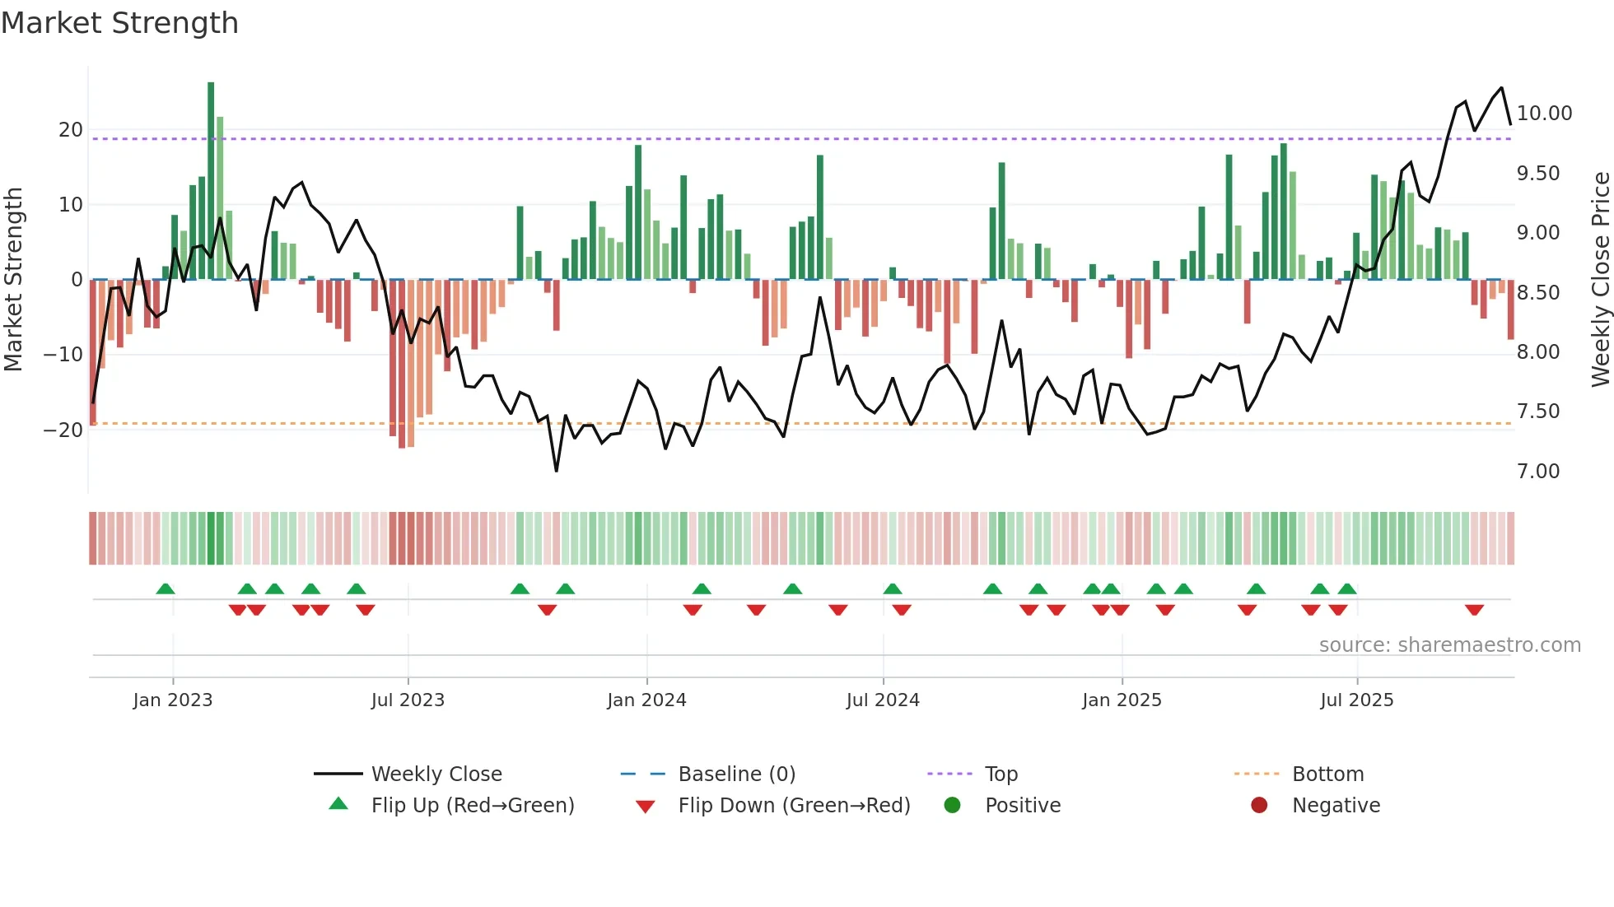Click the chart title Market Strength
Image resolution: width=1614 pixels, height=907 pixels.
119,23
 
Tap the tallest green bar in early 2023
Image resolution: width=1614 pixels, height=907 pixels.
211,181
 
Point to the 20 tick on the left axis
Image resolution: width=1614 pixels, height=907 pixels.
71,130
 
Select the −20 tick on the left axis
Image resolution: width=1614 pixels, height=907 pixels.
63,430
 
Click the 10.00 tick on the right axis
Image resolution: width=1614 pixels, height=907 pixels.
1544,114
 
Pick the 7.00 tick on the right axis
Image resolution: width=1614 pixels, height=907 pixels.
1538,472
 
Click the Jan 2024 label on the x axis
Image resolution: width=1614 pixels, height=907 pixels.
646,700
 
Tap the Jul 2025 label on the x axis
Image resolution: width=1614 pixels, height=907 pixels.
1356,700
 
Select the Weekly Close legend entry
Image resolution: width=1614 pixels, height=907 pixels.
436,774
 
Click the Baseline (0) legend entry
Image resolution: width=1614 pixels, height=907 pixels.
736,774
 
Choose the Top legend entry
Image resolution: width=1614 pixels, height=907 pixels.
1001,774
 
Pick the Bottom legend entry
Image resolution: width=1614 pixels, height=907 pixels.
1327,774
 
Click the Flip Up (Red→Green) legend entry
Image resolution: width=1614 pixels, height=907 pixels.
472,806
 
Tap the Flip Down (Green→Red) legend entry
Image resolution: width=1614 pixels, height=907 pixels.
794,806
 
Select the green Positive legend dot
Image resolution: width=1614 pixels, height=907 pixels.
952,806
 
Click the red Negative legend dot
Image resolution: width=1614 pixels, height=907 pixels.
1259,806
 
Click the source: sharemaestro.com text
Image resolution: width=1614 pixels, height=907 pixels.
1449,645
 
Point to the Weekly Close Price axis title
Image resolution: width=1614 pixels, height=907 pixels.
1600,280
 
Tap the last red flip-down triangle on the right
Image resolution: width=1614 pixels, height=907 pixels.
1474,610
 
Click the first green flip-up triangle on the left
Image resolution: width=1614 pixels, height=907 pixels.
166,589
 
